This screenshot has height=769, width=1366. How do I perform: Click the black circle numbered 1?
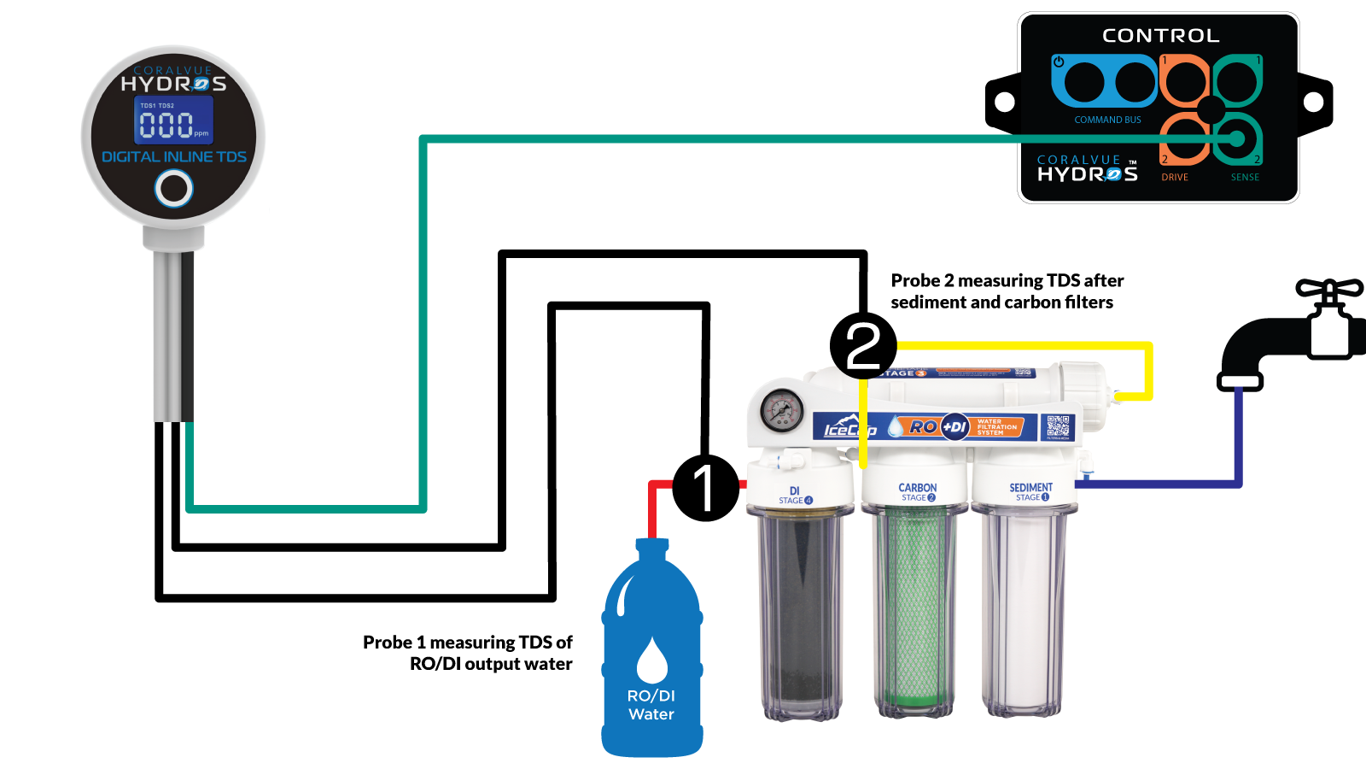(x=705, y=488)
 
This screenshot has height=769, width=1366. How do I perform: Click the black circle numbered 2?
(x=863, y=347)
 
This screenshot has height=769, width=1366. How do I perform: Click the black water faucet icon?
(x=1289, y=333)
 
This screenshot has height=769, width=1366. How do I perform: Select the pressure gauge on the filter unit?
(x=781, y=411)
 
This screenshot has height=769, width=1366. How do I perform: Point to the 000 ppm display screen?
(x=173, y=120)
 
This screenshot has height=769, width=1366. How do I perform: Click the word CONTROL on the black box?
(x=1160, y=36)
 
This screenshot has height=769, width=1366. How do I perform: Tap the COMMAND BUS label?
(x=1107, y=120)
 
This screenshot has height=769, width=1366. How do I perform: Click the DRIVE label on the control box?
(x=1174, y=178)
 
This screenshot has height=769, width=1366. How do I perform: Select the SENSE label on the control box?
(x=1245, y=178)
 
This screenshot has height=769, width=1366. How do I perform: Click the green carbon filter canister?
(x=914, y=611)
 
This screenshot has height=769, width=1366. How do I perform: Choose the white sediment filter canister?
(x=1023, y=611)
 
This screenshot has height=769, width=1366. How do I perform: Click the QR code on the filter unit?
(x=1058, y=426)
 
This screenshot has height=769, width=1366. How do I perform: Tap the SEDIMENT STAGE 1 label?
(x=1030, y=491)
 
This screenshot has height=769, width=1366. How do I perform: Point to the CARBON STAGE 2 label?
(x=917, y=492)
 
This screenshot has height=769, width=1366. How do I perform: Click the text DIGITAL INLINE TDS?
(x=174, y=157)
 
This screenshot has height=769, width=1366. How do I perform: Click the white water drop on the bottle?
(x=652, y=660)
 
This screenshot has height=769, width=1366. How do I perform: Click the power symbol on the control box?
(x=1059, y=62)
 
